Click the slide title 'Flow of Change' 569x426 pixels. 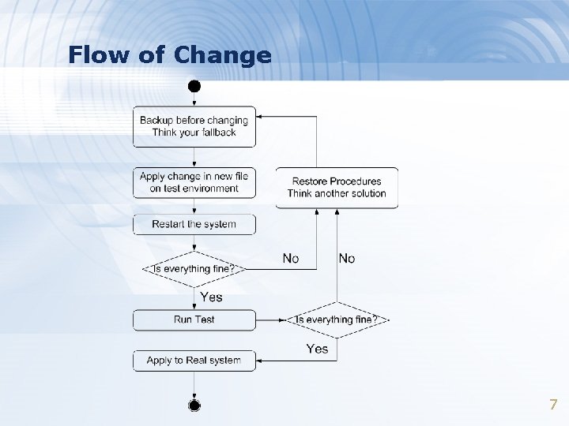[169, 55]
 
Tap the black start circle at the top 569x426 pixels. [194, 84]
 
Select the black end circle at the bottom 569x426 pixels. [194, 405]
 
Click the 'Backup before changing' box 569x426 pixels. [194, 126]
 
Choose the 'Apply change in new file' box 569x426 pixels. [194, 182]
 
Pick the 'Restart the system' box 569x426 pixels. [194, 224]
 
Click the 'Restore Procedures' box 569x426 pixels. [337, 188]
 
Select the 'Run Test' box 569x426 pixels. [194, 319]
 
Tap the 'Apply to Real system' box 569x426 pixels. [194, 361]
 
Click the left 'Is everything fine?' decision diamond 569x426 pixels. [194, 269]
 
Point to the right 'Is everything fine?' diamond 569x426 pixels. [337, 319]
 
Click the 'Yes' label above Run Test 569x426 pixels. [211, 297]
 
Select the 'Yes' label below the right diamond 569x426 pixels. [317, 348]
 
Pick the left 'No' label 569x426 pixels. [291, 258]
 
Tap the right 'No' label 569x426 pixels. [347, 258]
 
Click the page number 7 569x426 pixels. [553, 405]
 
